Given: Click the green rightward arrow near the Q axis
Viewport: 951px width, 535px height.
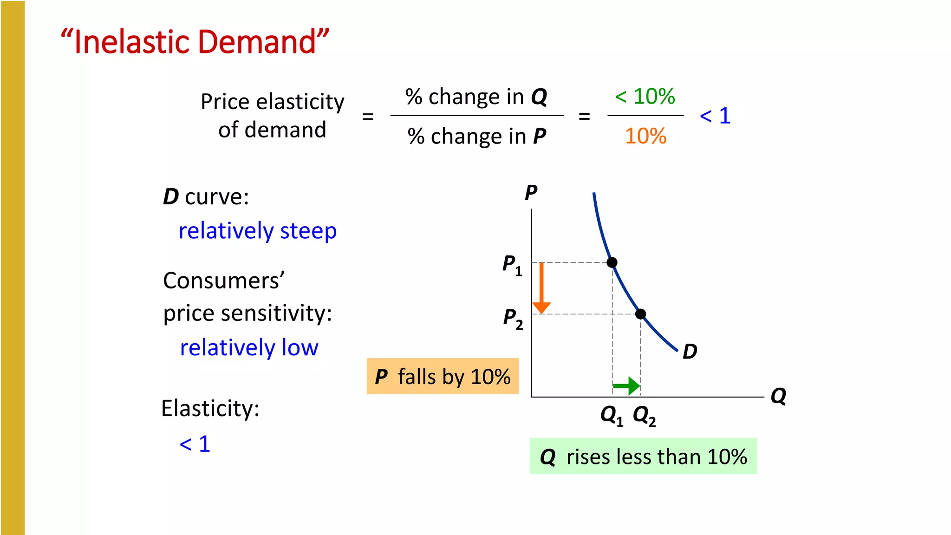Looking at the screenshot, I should pyautogui.click(x=627, y=385).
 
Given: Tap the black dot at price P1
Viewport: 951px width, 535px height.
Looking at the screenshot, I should pyautogui.click(x=612, y=262).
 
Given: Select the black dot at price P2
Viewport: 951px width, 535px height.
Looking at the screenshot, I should pyautogui.click(x=640, y=314).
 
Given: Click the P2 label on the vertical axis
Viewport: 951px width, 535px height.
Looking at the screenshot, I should pyautogui.click(x=513, y=319).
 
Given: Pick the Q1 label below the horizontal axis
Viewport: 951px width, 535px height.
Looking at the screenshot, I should pyautogui.click(x=612, y=415).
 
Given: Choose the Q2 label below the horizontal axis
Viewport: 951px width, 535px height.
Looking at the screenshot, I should pyautogui.click(x=644, y=415).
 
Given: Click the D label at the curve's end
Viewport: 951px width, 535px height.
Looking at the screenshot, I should pyautogui.click(x=690, y=352).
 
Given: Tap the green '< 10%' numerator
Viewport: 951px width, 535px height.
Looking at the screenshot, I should pyautogui.click(x=645, y=97).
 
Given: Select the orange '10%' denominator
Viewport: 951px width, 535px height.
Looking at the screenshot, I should pyautogui.click(x=645, y=136).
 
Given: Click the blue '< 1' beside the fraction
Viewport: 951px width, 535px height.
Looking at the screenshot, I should pyautogui.click(x=715, y=116).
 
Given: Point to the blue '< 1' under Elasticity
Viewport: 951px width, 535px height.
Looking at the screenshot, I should pyautogui.click(x=195, y=444).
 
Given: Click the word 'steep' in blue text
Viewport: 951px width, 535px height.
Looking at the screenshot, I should pyautogui.click(x=308, y=231).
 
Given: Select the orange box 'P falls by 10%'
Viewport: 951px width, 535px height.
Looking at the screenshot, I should pyautogui.click(x=443, y=376).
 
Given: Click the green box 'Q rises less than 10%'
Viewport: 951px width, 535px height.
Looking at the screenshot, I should pyautogui.click(x=643, y=456).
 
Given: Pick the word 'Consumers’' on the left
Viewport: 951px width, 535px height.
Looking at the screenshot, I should pyautogui.click(x=224, y=281).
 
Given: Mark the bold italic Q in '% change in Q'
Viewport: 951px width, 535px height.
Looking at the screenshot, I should pyautogui.click(x=539, y=97).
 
